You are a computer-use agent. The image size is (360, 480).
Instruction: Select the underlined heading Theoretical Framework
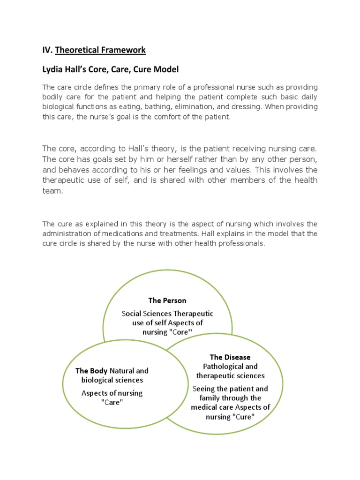(x=100, y=50)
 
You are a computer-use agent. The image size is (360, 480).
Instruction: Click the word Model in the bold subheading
(x=166, y=69)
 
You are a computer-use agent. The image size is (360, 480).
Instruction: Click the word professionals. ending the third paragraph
(x=240, y=243)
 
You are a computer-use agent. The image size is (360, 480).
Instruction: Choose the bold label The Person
(x=167, y=300)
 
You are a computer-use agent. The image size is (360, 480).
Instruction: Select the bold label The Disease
(x=230, y=357)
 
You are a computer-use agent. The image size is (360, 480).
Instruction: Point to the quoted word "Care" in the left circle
(x=112, y=403)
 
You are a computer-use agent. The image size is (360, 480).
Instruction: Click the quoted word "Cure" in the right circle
(x=242, y=416)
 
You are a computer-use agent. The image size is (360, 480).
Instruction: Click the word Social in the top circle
(x=132, y=313)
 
